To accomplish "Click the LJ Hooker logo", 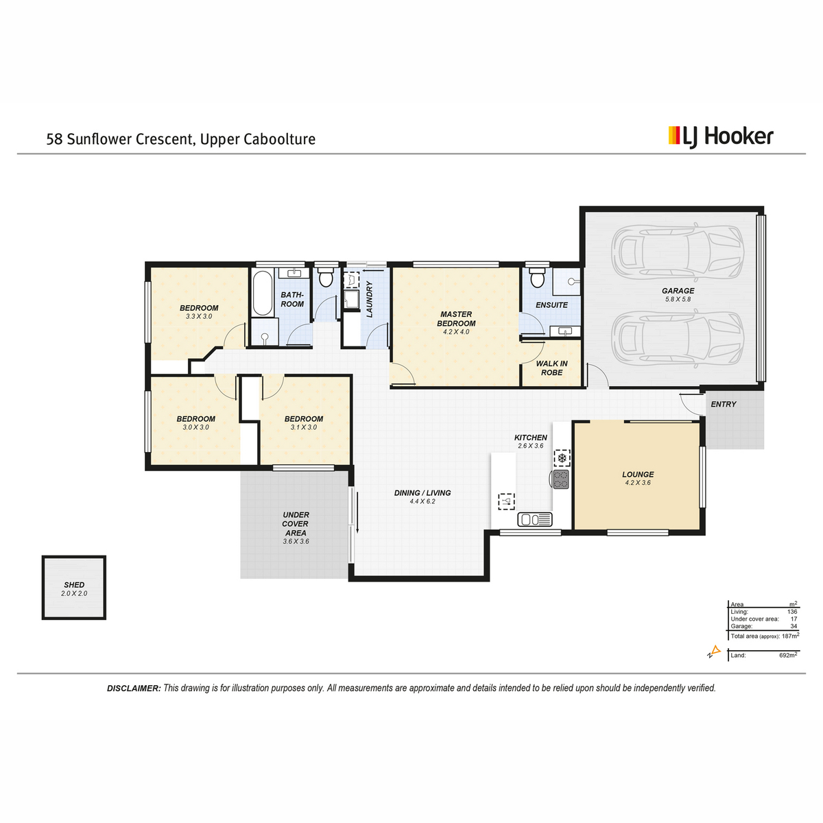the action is click(721, 137).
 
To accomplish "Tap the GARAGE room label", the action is click(678, 291).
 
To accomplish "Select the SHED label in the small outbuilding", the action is click(74, 585).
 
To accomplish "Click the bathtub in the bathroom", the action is click(263, 293).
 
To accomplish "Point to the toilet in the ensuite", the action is click(537, 278).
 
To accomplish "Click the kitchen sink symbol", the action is click(535, 519).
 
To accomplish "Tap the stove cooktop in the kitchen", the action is click(561, 479).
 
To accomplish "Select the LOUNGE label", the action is click(638, 475).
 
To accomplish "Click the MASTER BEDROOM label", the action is click(456, 319).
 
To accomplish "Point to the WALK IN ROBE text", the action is click(552, 368).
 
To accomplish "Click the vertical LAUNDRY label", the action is click(370, 300).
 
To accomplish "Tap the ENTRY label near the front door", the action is click(724, 404).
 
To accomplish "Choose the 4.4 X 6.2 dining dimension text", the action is click(422, 501).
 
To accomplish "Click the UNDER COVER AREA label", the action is click(296, 523).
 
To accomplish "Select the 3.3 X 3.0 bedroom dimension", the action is click(199, 316).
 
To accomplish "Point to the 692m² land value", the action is click(788, 655).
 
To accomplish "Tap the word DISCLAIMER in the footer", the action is click(134, 688).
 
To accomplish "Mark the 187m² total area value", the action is click(790, 636).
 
